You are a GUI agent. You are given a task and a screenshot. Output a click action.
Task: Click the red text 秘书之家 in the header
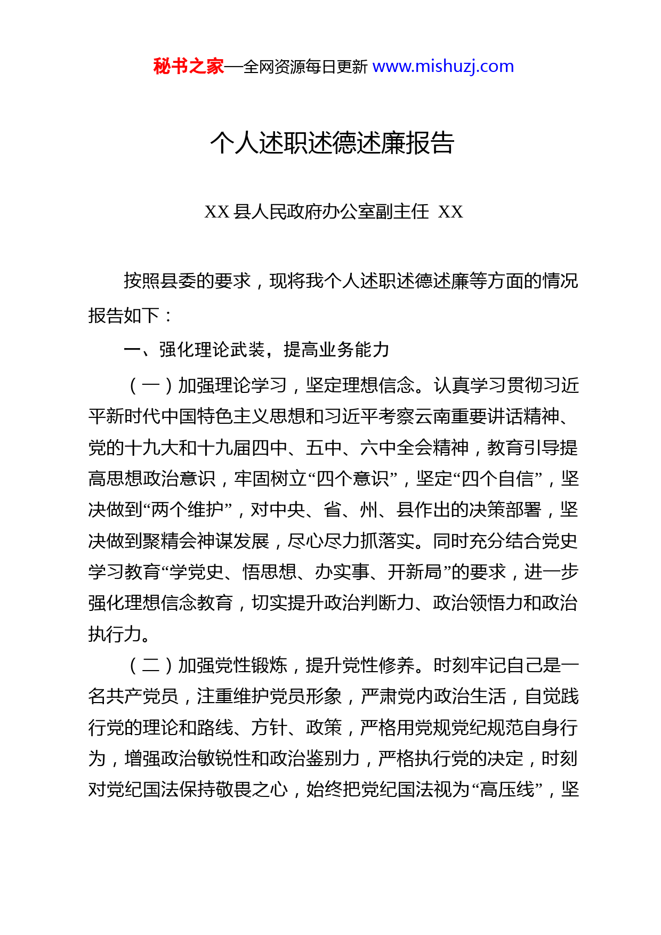pyautogui.click(x=188, y=67)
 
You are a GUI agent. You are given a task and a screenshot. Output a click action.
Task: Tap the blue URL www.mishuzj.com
pyautogui.click(x=443, y=67)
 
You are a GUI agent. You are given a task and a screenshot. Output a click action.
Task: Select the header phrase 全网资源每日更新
pyautogui.click(x=305, y=67)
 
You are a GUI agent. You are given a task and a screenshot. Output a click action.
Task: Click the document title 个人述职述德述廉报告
pyautogui.click(x=332, y=143)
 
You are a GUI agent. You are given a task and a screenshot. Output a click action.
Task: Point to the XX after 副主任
pyautogui.click(x=450, y=212)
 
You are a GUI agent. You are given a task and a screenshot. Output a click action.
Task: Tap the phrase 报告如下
pyautogui.click(x=124, y=316)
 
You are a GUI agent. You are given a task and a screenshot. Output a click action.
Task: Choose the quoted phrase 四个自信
pyautogui.click(x=498, y=479)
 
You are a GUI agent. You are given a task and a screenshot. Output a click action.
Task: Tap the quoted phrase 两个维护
pyautogui.click(x=188, y=510)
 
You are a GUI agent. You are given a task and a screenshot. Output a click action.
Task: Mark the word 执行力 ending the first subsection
pyautogui.click(x=115, y=634)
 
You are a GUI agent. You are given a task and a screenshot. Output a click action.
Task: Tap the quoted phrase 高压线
pyautogui.click(x=507, y=789)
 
